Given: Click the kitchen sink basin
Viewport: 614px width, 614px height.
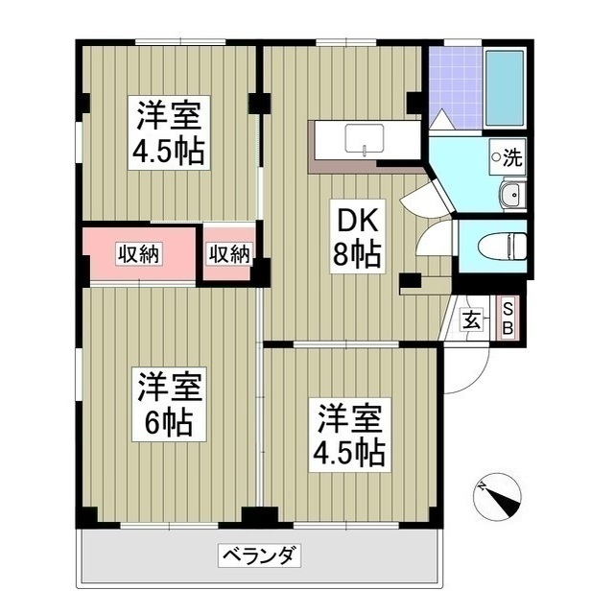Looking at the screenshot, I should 364,139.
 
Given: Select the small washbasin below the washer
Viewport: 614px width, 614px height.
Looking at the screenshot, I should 511,197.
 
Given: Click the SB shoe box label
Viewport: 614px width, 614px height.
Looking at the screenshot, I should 509,318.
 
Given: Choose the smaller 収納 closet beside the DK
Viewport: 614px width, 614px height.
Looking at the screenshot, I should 229,254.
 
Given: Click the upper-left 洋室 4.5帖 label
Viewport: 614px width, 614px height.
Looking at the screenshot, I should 168,134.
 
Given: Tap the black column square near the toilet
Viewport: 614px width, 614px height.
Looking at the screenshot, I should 410,282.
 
